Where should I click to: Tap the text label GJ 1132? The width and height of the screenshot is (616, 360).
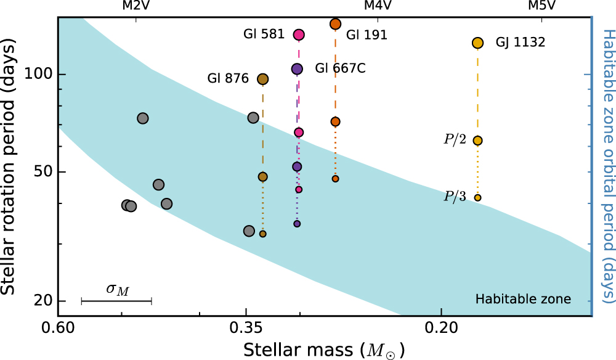tap(521, 43)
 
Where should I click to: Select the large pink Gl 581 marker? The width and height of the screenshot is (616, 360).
tap(299, 35)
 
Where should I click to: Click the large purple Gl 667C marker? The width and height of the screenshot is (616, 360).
tap(297, 69)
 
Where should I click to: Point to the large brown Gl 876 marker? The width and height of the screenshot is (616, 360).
tap(262, 79)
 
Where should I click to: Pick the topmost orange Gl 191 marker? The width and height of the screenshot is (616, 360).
tap(336, 24)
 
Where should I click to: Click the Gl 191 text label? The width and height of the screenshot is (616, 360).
tap(367, 35)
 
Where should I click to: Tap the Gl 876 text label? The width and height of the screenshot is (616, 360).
tap(228, 79)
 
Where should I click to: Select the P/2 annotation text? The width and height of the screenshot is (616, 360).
tap(455, 140)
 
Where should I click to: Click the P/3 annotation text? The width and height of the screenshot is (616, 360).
tap(455, 197)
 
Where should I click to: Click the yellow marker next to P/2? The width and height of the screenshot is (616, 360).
tap(477, 141)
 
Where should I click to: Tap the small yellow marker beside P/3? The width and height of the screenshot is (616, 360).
tap(477, 197)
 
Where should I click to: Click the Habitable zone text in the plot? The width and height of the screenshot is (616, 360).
tap(523, 300)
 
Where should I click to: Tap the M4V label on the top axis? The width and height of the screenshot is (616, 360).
tap(378, 6)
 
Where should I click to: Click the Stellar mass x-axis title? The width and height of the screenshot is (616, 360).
tap(324, 349)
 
